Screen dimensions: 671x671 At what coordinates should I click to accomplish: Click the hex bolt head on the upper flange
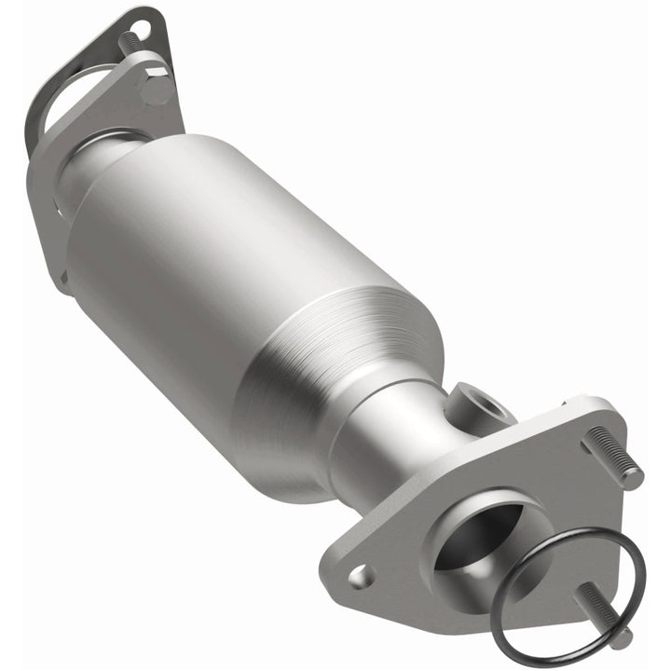(156, 89)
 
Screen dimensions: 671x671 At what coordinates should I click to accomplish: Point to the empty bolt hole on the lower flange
(361, 577)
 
